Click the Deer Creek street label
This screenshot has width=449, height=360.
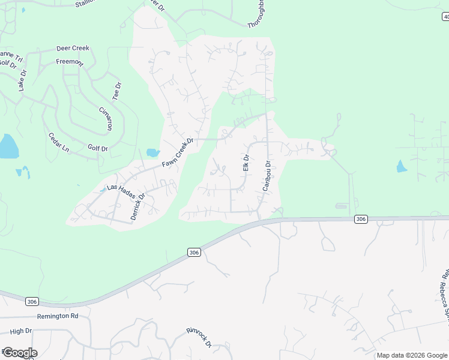(x=73, y=48)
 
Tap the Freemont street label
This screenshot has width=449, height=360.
(x=70, y=61)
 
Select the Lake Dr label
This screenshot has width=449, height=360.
(x=22, y=80)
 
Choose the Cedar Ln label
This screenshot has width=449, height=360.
(x=59, y=142)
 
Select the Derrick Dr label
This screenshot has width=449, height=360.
(x=138, y=206)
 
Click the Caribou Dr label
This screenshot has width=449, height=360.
(x=267, y=176)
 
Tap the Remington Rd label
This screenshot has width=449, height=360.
(x=58, y=316)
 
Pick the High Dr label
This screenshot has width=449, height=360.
(x=20, y=331)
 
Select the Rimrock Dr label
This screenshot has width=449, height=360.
(x=199, y=337)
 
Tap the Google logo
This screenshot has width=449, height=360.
(x=19, y=352)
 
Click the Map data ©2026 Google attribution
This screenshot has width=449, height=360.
(x=412, y=355)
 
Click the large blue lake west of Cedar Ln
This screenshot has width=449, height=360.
(x=8, y=146)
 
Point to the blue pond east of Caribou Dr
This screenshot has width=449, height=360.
(x=402, y=166)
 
